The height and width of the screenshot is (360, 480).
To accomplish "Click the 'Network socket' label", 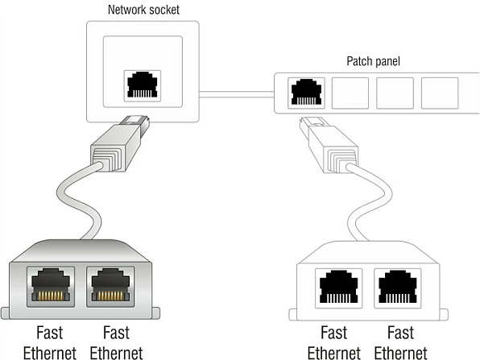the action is point(143,10).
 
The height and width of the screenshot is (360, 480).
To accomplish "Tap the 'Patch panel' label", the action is point(373,61).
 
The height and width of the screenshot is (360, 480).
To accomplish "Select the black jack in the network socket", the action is point(143,85).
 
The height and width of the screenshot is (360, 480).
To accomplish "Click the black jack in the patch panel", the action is point(306,92).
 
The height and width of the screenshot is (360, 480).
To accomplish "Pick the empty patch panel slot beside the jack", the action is point(350,93).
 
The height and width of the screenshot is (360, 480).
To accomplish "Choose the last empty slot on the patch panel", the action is point(440,93).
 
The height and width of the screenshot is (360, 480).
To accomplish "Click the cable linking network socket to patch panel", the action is point(237,94).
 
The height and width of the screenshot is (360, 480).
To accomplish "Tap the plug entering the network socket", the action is point(120,143).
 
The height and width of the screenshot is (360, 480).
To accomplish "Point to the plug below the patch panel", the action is point(329,144).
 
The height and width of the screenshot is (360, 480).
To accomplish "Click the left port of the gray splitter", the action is point(51,287).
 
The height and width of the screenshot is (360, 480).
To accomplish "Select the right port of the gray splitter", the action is point(110,287).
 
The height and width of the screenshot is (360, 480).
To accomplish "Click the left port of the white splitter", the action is point(338,288).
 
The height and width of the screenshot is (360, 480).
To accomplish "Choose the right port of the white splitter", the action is point(398,288).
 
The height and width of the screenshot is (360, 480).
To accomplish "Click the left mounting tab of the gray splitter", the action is point(5,313).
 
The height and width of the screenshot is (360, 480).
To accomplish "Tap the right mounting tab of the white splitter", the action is point(444,315).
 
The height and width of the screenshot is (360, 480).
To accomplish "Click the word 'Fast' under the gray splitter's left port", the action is point(50,333).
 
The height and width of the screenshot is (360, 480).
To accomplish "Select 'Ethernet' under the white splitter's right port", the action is point(400,353).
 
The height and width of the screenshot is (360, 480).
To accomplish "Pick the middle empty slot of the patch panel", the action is point(395,93).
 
